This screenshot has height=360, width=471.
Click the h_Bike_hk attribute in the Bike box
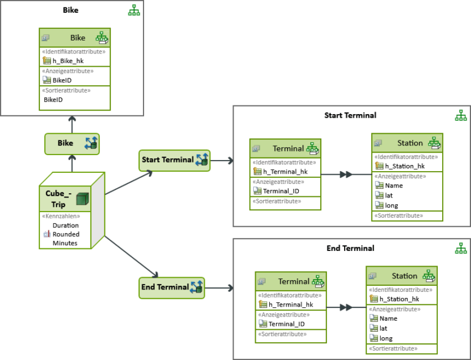coord(67,60)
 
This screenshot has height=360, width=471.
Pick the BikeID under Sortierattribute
coord(53,99)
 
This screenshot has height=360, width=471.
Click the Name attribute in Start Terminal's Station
coord(394,185)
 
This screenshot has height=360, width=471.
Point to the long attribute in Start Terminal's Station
coord(391,205)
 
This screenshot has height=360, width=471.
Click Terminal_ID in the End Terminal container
coord(286,324)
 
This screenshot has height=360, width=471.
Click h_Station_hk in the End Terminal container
coord(399,299)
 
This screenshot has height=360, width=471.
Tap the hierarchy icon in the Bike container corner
coord(134,10)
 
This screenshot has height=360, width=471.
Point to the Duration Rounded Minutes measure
coord(65,234)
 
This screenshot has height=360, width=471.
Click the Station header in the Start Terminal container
coord(410,144)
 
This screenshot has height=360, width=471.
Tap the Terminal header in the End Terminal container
coord(294,281)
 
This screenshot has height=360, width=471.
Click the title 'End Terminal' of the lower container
coord(350,248)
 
